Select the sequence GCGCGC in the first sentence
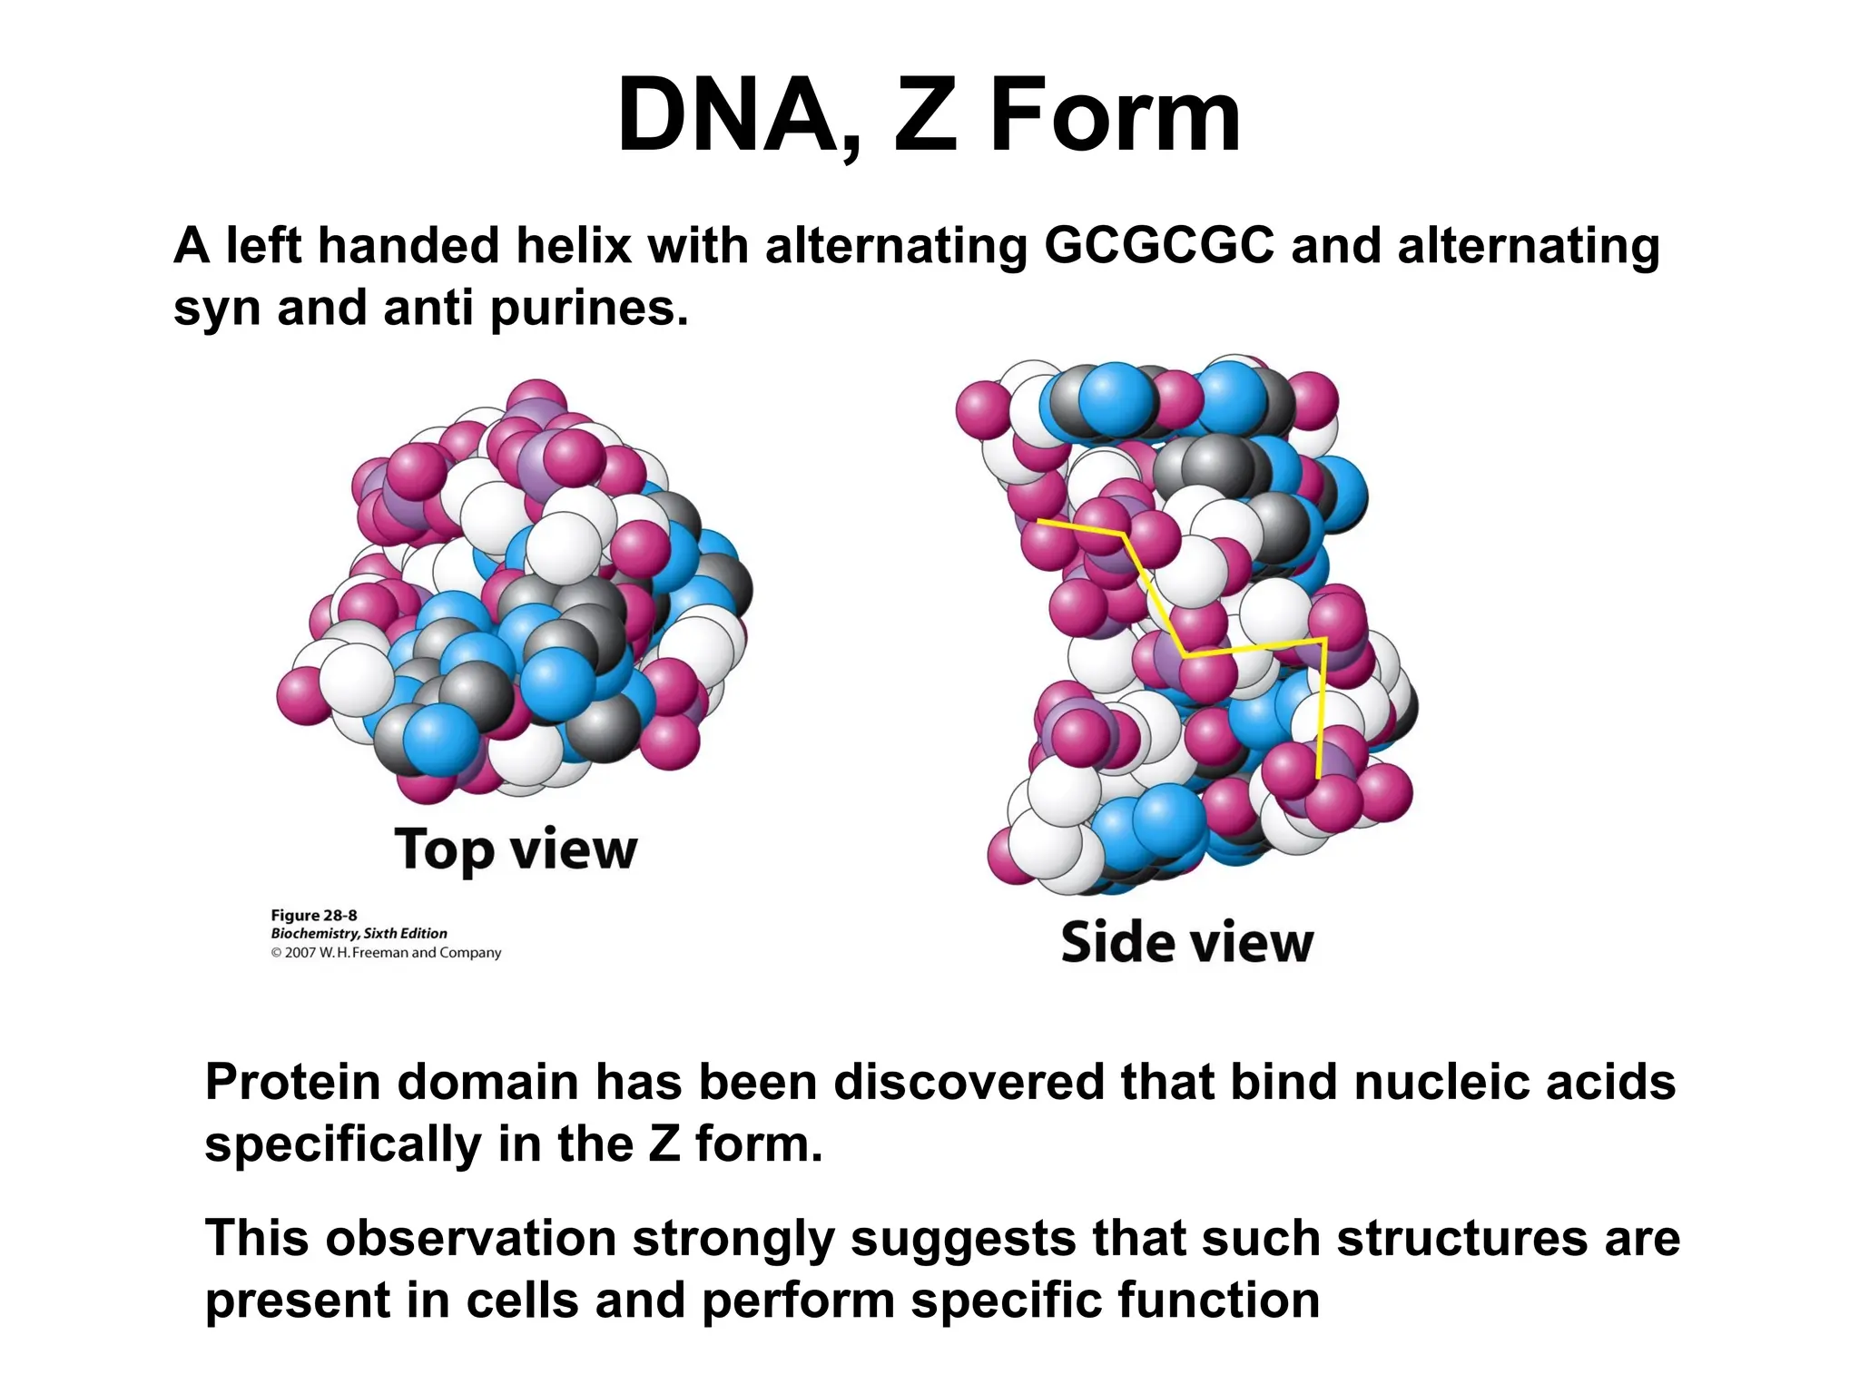pyautogui.click(x=1159, y=246)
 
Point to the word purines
pyautogui.click(x=589, y=309)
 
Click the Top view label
pyautogui.click(x=516, y=849)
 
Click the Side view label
pyautogui.click(x=1186, y=942)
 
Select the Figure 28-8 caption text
pyautogui.click(x=314, y=915)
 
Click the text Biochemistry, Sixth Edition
pyautogui.click(x=359, y=933)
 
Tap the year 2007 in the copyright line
pyautogui.click(x=300, y=953)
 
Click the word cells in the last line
pyautogui.click(x=522, y=1300)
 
